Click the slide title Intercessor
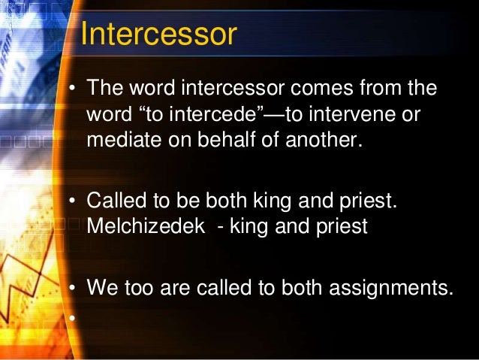pos(158,34)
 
